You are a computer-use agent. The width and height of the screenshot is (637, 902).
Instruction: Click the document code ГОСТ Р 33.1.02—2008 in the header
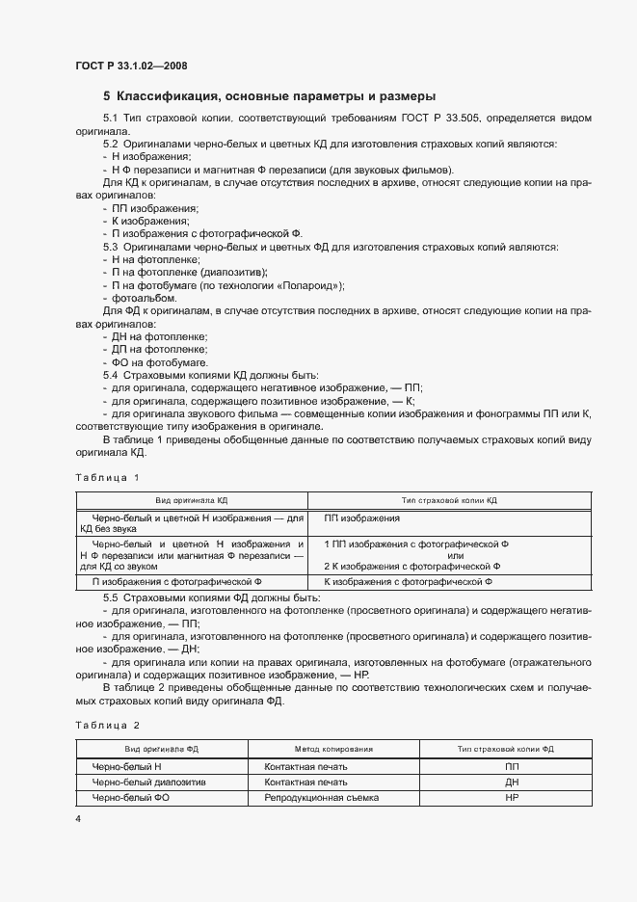click(131, 66)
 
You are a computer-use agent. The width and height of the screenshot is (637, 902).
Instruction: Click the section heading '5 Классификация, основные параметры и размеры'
click(269, 96)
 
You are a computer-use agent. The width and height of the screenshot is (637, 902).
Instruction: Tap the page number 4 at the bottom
click(78, 818)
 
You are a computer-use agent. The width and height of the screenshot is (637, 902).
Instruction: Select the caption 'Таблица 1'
click(107, 477)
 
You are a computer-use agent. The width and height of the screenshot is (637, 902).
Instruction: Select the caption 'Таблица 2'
click(107, 724)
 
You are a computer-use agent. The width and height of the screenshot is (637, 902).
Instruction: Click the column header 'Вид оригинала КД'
click(191, 500)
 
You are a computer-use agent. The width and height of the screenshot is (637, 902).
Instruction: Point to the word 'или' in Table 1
click(456, 555)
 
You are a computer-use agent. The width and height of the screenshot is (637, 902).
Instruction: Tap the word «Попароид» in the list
click(309, 285)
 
